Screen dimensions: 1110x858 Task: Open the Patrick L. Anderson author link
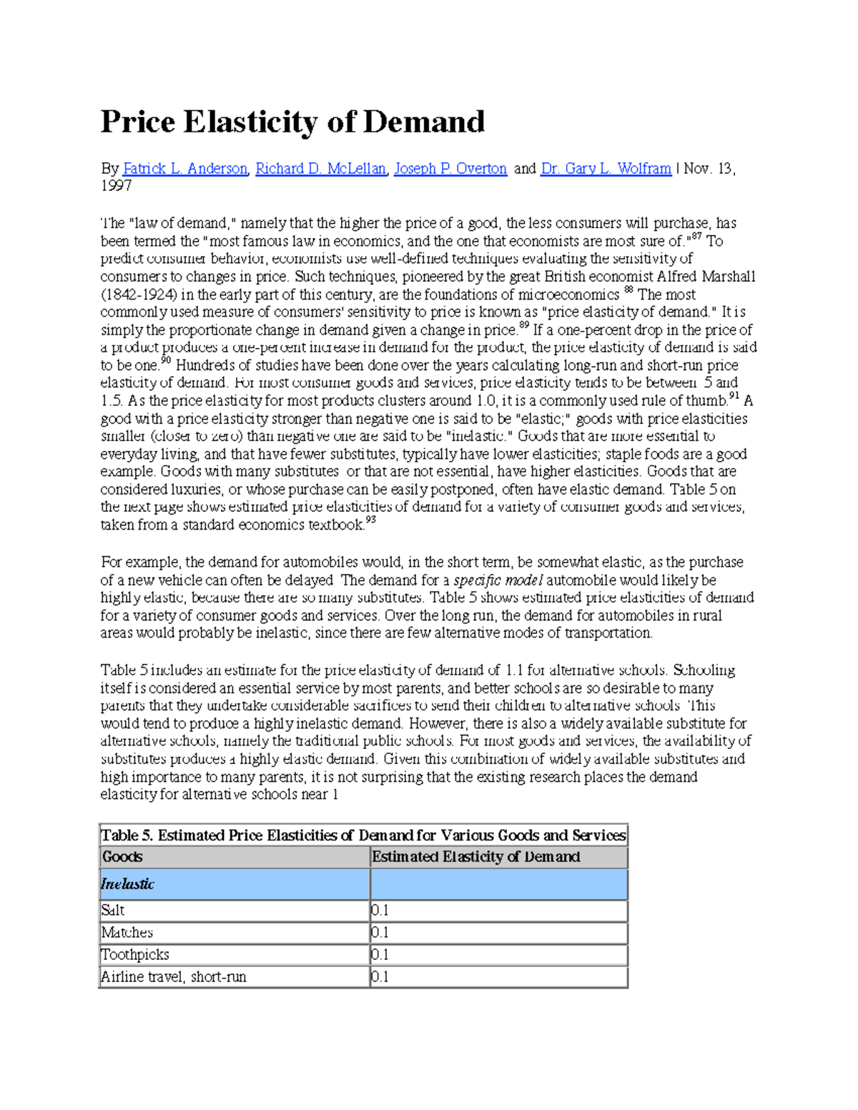184,169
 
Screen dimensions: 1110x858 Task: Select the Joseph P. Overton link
450,169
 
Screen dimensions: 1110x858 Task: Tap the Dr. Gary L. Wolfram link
606,169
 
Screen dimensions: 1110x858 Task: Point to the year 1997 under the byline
116,186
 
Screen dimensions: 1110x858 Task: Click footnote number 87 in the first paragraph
695,236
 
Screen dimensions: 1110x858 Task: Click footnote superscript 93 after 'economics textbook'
370,521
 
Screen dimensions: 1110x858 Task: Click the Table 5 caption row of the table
363,836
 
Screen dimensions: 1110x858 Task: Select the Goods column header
122,857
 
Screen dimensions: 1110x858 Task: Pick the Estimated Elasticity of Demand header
476,857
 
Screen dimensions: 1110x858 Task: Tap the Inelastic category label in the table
127,884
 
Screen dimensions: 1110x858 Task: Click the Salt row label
113,911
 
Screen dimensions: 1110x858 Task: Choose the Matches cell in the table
127,933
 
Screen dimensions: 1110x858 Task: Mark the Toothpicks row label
135,955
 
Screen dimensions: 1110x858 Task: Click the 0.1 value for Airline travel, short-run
380,977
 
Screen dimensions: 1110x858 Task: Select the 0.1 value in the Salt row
380,911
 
